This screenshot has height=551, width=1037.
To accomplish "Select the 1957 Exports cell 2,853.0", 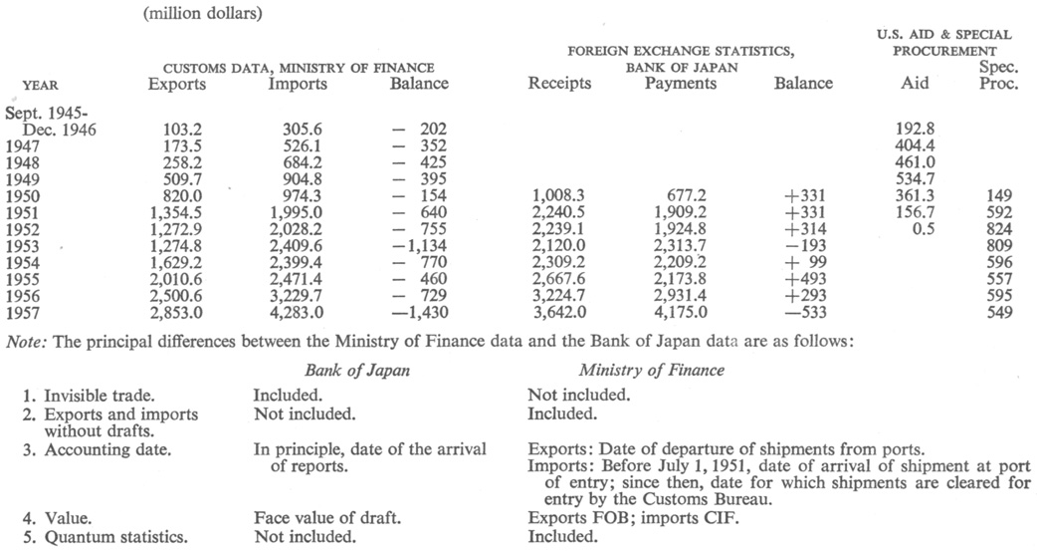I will click(177, 314).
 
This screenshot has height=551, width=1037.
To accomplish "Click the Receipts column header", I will click(559, 84).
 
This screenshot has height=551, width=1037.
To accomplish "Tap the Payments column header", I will click(680, 84).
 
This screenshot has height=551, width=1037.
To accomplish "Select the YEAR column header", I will click(39, 85).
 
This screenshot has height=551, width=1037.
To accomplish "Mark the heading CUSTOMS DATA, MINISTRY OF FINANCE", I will click(299, 67).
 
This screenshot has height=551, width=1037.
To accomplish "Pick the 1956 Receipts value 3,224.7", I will click(560, 298).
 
